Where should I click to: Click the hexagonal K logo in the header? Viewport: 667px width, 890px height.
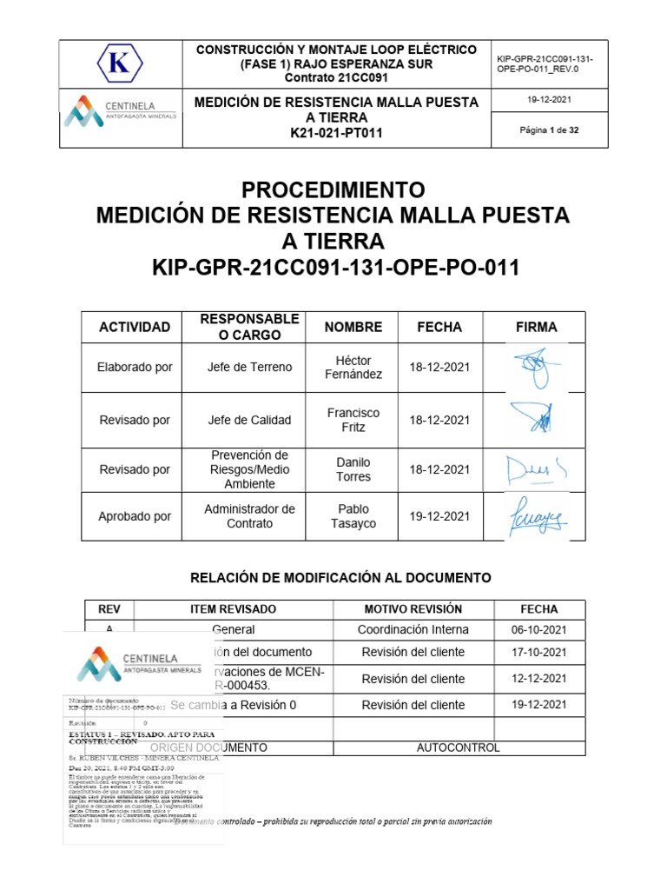point(121,63)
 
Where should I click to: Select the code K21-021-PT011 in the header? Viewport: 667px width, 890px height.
point(336,133)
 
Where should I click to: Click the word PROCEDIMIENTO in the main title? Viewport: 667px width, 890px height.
point(333,189)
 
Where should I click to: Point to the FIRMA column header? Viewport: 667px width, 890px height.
point(536,327)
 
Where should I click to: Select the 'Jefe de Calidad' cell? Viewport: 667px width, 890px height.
point(250,420)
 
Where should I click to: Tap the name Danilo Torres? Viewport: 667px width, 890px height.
point(353,469)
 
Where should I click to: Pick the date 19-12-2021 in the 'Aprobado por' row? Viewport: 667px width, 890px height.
point(439,516)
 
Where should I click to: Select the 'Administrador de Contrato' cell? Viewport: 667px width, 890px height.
point(250,516)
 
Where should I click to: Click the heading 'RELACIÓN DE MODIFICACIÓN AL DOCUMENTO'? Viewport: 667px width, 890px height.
point(340,577)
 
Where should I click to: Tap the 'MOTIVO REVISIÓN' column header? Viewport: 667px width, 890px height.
point(413,609)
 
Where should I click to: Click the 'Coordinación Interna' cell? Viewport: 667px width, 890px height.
point(413,629)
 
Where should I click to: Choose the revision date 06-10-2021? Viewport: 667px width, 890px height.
point(538,629)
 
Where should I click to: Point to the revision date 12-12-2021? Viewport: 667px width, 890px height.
point(538,679)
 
